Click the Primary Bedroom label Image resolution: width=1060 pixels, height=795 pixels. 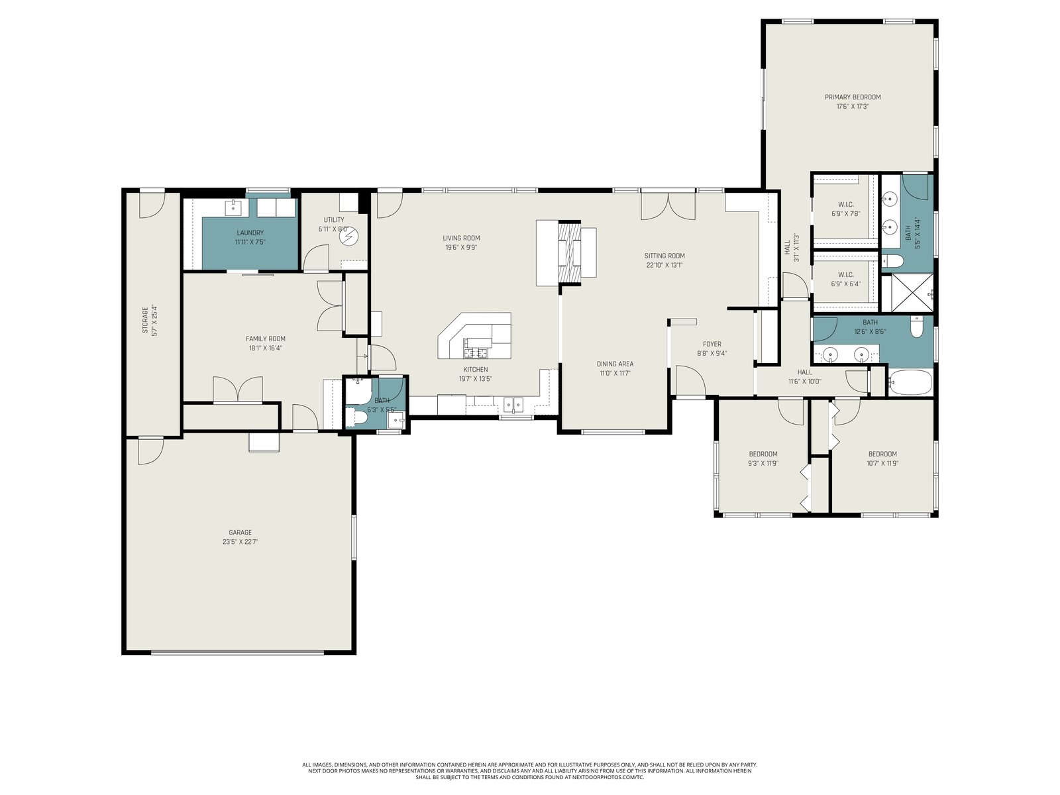coord(853,97)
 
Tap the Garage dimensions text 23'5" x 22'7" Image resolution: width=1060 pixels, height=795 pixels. coord(240,541)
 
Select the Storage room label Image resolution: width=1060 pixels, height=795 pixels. coord(145,320)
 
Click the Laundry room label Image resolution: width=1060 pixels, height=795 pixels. coord(250,233)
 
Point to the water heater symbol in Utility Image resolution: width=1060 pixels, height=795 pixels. coord(347,237)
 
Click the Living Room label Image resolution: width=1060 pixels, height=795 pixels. coord(461,238)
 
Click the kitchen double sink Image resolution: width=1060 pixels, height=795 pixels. coord(513,405)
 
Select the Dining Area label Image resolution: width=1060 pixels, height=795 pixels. coord(615,364)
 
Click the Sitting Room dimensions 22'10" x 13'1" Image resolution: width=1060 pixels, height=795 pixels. coord(664,265)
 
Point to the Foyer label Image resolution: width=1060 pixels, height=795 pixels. coord(712,344)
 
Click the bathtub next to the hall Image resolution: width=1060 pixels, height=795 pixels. coord(910,382)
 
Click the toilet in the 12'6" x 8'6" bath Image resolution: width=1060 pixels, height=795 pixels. coord(917,327)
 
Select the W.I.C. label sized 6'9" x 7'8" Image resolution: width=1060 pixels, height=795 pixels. coord(845,205)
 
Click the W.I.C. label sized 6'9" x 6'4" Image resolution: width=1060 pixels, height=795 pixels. coord(845,275)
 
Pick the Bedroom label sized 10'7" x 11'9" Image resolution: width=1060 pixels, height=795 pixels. coord(882,454)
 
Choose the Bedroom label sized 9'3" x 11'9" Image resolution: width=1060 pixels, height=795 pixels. coord(763,454)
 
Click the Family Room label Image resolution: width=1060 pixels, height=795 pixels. coord(266,339)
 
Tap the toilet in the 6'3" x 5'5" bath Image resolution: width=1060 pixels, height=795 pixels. coord(355,417)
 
